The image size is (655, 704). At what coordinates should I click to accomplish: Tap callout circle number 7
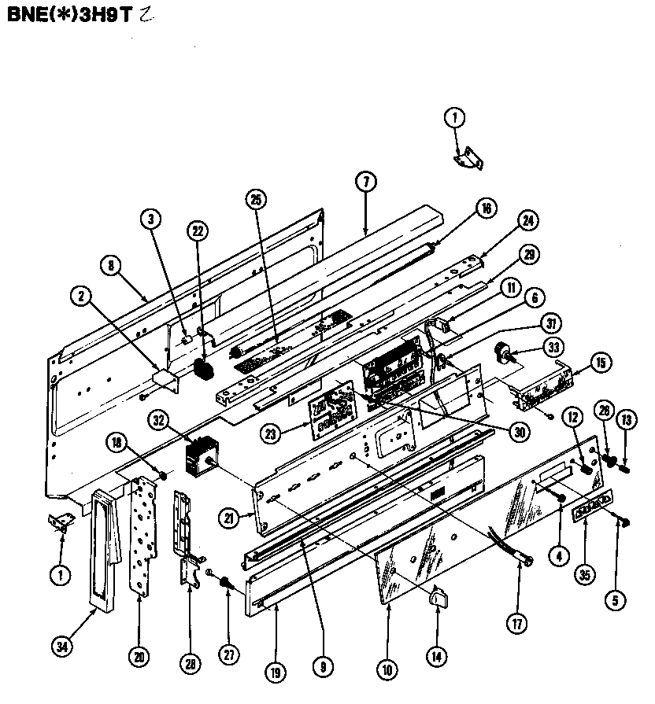(x=365, y=182)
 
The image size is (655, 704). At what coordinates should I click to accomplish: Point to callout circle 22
(x=199, y=230)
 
